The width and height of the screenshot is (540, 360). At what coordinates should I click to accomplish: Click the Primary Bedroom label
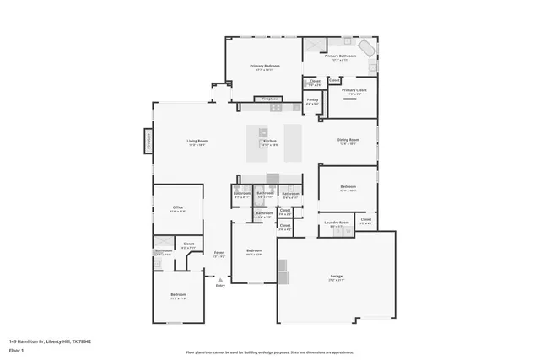point(264,66)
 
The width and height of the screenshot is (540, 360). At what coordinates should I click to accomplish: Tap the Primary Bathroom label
point(340,56)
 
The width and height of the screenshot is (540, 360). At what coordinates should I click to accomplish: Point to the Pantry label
point(312,99)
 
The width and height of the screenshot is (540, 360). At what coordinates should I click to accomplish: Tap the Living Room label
point(197,141)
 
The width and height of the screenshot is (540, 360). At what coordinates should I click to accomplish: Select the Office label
point(178,207)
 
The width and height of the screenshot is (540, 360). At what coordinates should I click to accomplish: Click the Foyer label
point(219,253)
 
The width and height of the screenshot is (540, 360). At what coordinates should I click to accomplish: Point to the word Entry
point(220,286)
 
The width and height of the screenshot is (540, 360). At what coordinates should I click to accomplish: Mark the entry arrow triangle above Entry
point(220,279)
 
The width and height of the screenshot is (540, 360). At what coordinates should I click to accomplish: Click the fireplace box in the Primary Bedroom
point(270,99)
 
